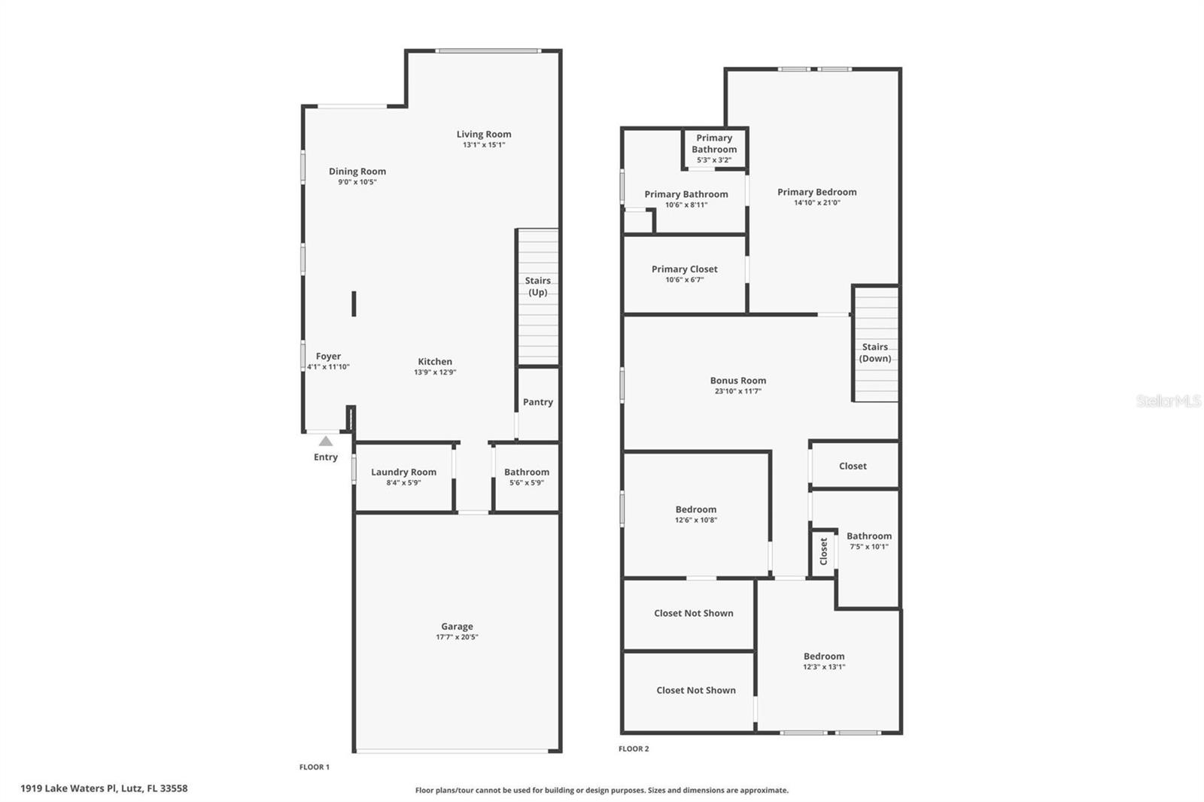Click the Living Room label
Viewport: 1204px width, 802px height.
click(483, 135)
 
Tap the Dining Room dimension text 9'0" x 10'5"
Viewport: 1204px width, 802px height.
click(357, 182)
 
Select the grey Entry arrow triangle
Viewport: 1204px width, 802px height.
click(326, 442)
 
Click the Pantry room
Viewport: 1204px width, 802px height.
click(537, 403)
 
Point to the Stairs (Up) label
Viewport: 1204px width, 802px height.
click(537, 287)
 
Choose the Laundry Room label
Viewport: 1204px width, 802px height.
click(403, 472)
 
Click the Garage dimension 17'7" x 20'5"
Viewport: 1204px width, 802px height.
click(457, 637)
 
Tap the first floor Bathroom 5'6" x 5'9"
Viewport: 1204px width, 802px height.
click(527, 477)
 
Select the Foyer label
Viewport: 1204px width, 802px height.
click(328, 357)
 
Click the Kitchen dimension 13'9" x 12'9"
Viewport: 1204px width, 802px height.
click(435, 372)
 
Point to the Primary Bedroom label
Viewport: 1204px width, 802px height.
click(816, 193)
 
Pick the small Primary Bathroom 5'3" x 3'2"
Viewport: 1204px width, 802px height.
click(714, 148)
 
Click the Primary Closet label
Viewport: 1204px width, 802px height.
click(684, 269)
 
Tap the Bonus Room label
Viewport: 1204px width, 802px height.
click(737, 381)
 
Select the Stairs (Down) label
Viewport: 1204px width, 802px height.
click(875, 353)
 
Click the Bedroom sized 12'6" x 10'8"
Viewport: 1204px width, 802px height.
click(695, 514)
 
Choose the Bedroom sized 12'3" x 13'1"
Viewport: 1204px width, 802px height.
click(824, 661)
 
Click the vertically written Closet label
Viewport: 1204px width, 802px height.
click(824, 551)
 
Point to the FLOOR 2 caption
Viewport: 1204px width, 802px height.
click(634, 749)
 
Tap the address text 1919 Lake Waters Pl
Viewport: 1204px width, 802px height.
click(104, 788)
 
